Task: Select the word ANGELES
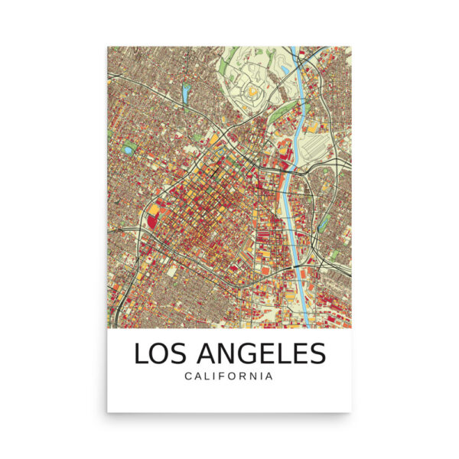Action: click(x=262, y=353)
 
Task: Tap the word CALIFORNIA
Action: click(x=229, y=376)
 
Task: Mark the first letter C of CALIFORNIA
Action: click(x=187, y=376)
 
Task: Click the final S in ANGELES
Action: click(x=317, y=353)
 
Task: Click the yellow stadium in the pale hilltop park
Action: click(x=252, y=93)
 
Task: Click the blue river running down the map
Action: click(x=292, y=191)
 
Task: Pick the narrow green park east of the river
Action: click(x=324, y=222)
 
